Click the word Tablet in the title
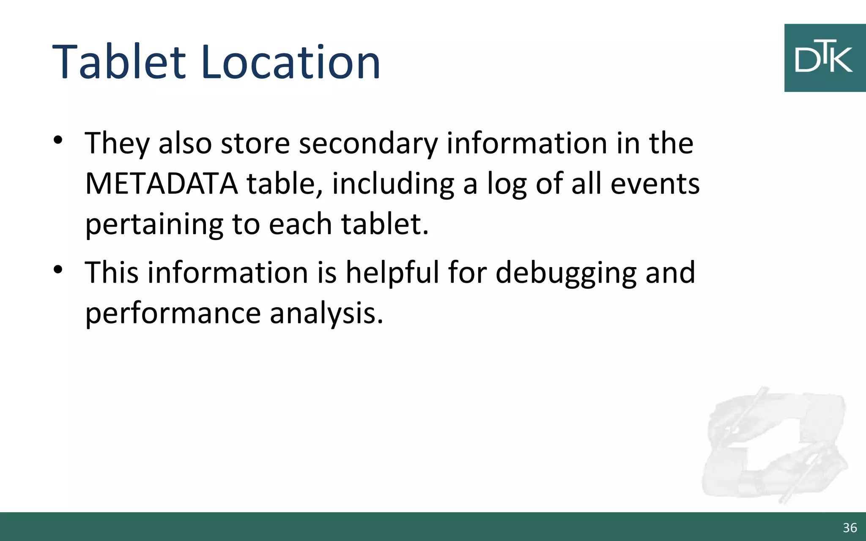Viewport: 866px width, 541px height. coord(119,63)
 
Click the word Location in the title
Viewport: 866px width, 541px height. coord(291,63)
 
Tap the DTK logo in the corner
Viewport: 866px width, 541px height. coord(825,58)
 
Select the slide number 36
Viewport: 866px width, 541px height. coord(850,527)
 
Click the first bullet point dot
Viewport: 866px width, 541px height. coord(58,140)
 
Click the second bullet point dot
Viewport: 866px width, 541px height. coord(58,269)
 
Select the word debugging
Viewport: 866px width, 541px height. coord(566,273)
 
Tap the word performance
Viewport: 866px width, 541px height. coord(173,314)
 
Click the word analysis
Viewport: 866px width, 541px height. coord(326,314)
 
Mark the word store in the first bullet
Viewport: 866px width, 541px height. coord(255,143)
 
